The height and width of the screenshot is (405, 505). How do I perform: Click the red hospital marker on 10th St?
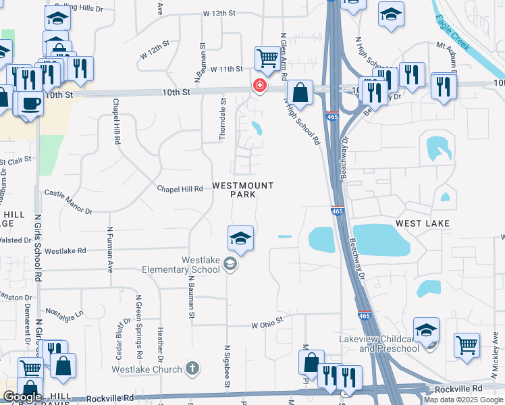click(259, 86)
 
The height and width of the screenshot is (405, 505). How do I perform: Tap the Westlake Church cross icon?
click(192, 369)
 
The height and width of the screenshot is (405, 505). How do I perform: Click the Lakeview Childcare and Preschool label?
click(389, 344)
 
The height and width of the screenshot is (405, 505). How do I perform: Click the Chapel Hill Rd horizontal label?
click(180, 190)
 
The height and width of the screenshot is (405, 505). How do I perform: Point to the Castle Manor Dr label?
click(68, 202)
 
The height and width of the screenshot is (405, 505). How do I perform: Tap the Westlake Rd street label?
click(65, 250)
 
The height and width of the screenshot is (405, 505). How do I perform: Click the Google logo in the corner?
click(22, 397)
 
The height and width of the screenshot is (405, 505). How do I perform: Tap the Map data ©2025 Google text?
click(463, 400)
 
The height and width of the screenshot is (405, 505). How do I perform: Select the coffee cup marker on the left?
click(31, 104)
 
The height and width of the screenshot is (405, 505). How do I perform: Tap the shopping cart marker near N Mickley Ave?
click(467, 344)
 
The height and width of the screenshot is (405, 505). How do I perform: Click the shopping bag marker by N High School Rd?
click(300, 92)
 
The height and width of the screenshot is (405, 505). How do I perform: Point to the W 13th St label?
click(219, 13)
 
